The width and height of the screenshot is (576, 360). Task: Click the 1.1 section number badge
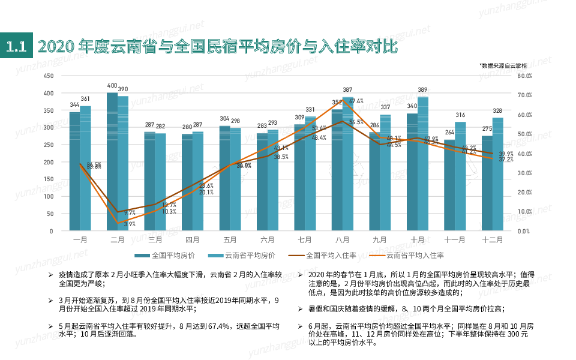(16, 46)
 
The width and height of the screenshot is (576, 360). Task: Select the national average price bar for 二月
(112, 162)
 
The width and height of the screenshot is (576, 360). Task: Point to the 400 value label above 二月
(112, 86)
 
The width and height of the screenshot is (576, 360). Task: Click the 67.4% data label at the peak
(356, 101)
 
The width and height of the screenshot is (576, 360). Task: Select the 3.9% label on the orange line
(130, 224)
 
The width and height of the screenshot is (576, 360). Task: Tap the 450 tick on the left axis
(49, 76)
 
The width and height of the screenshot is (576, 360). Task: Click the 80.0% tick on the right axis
(525, 76)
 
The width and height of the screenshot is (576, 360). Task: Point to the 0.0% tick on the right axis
(525, 231)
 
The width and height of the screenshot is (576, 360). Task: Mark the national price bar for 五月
(224, 178)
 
